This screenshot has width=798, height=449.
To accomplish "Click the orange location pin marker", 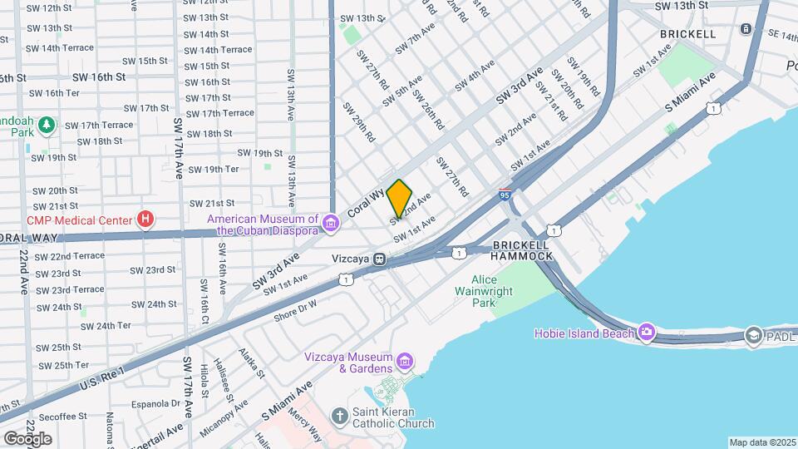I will tap(400, 198).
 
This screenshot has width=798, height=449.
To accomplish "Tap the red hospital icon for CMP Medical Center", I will tap(146, 220).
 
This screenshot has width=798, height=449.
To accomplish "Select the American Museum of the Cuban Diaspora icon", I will tap(331, 223).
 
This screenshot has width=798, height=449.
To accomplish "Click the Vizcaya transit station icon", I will tap(379, 259).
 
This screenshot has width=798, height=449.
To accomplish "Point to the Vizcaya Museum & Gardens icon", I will tap(405, 361).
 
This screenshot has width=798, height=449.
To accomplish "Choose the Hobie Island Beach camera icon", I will tap(648, 333).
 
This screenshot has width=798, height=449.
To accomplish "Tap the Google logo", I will tap(27, 438).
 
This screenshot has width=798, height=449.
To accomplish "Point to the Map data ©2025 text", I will tap(762, 442).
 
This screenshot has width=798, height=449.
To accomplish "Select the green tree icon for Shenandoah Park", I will tap(48, 125).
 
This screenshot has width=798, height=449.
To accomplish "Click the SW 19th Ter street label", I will tap(214, 169).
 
